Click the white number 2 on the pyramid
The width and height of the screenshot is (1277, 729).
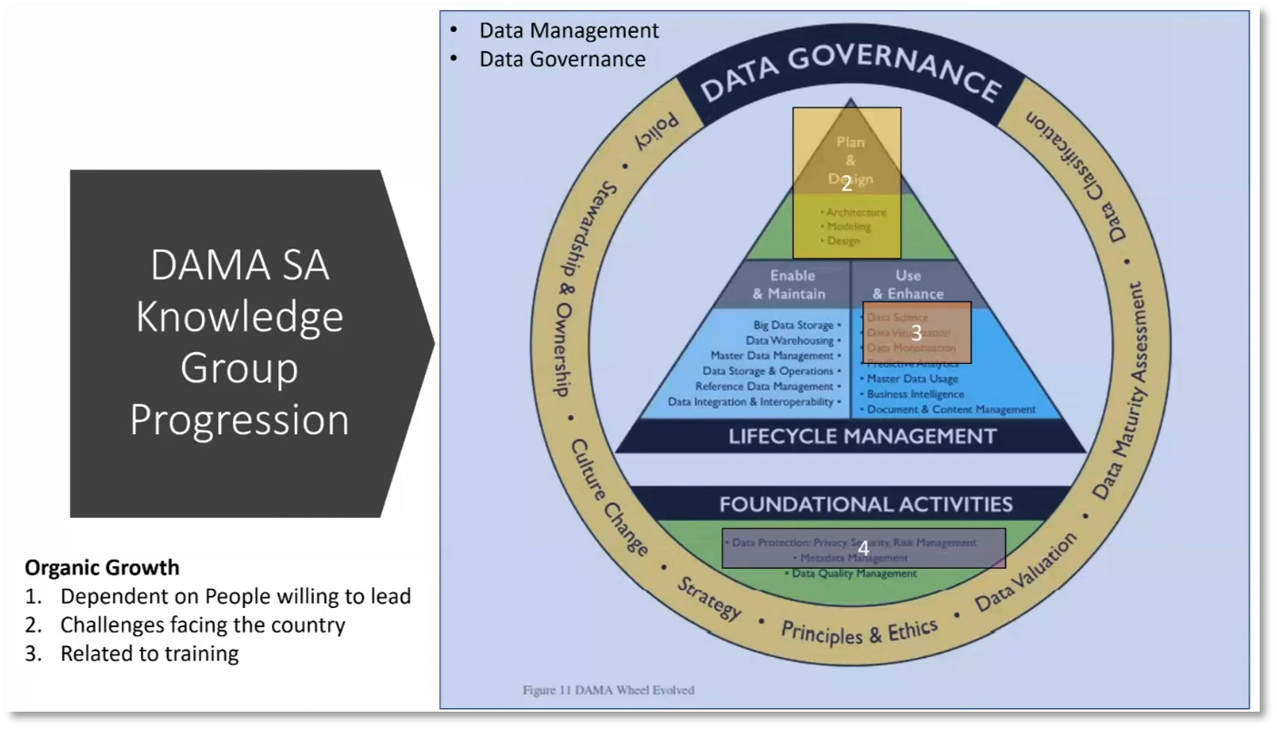pyautogui.click(x=847, y=184)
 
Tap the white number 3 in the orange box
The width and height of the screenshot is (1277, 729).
pyautogui.click(x=916, y=333)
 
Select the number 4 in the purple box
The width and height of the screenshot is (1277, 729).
pyautogui.click(x=863, y=548)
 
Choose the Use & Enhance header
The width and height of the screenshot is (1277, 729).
pyautogui.click(x=908, y=284)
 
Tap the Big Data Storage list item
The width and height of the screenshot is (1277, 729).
pyautogui.click(x=794, y=325)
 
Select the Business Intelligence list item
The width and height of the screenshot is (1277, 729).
pyautogui.click(x=915, y=394)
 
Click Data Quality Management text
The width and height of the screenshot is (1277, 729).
pyautogui.click(x=854, y=573)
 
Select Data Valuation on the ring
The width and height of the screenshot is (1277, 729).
pyautogui.click(x=1025, y=572)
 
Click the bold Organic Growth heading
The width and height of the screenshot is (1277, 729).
pyautogui.click(x=102, y=568)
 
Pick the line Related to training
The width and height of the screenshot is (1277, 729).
pyautogui.click(x=149, y=653)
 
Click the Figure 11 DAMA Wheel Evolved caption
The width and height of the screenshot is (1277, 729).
pyautogui.click(x=608, y=690)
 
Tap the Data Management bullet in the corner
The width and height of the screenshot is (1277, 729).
pyautogui.click(x=568, y=30)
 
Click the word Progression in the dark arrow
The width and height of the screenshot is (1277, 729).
pyautogui.click(x=239, y=420)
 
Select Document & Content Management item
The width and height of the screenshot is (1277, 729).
pyautogui.click(x=950, y=410)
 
